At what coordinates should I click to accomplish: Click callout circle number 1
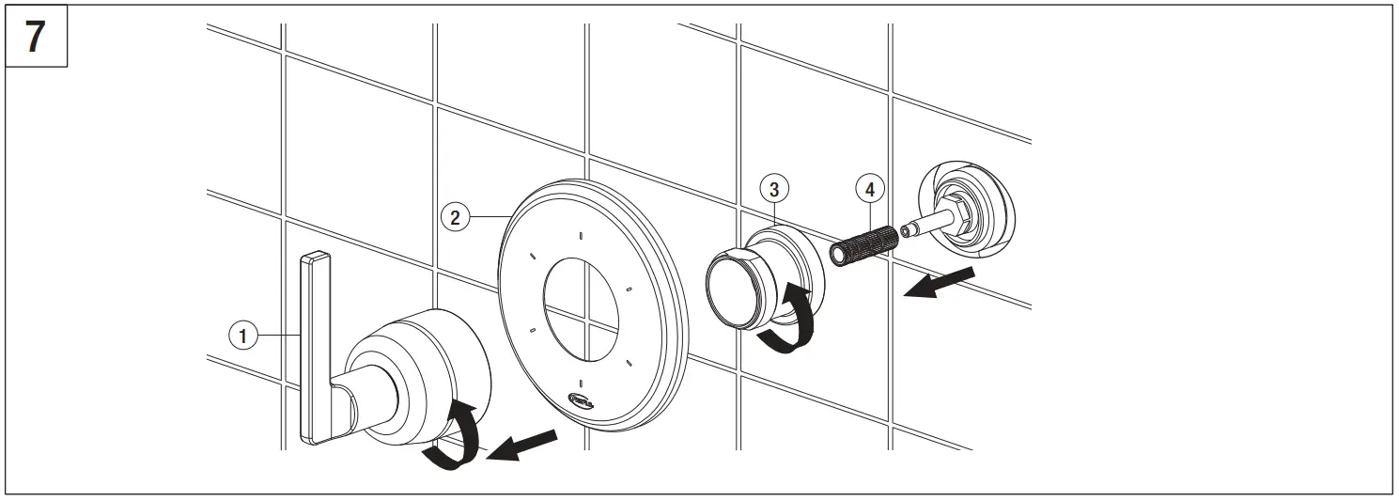[x=242, y=334]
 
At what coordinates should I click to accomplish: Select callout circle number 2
[x=454, y=217]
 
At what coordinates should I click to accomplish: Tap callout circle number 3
[x=773, y=190]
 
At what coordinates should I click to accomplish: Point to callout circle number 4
[x=870, y=189]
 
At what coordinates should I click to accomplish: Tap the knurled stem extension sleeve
[x=863, y=243]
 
